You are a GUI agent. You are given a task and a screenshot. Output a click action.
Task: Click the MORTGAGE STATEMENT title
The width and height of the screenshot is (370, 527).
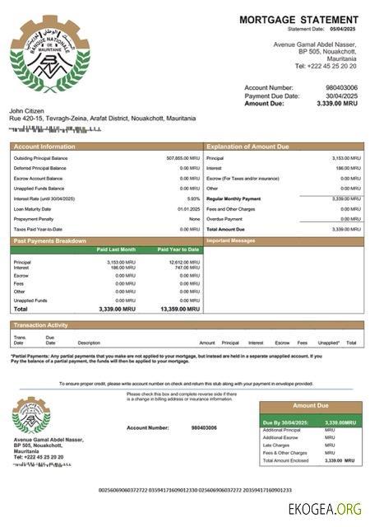point(298,19)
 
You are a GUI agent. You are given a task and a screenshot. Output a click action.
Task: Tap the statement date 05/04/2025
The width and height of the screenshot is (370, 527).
point(345,29)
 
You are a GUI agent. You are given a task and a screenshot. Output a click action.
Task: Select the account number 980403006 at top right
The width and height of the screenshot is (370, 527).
point(342,87)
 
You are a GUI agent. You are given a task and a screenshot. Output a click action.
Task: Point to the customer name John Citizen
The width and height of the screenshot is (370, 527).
point(26,110)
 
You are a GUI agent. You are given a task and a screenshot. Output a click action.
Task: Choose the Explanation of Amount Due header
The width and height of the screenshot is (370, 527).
point(247,147)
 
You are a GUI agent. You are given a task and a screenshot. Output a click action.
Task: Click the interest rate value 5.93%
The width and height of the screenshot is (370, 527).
point(193,198)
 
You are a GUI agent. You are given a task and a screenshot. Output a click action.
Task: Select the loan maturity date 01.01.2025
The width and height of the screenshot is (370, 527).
point(188,208)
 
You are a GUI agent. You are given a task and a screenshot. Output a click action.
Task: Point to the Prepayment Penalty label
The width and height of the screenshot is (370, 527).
point(34,219)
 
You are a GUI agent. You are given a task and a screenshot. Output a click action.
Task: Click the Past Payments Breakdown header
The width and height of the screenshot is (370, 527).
point(50,240)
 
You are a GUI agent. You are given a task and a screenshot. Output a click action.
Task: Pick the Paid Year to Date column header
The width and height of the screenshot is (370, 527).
point(178,249)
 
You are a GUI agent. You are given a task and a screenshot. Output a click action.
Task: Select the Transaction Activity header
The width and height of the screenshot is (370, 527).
point(40,325)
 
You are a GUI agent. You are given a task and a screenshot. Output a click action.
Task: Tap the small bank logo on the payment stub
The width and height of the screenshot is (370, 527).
point(31,416)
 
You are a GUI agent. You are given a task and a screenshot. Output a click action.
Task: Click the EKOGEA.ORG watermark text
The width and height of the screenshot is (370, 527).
point(325,508)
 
